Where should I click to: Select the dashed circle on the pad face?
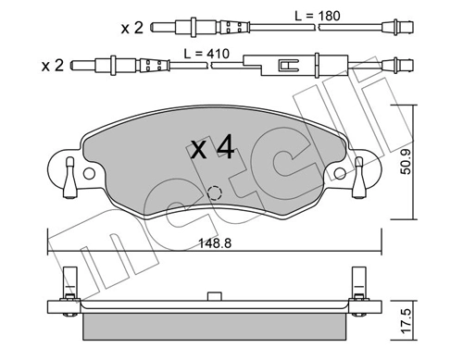[215, 193]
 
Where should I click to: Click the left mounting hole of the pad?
[89, 172]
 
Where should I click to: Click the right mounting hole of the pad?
[340, 172]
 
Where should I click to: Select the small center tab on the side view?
[214, 298]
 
